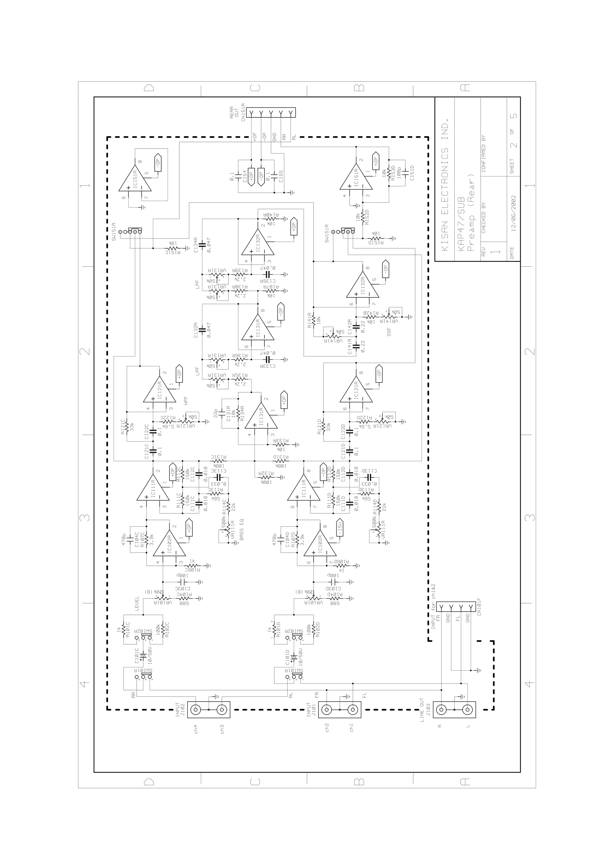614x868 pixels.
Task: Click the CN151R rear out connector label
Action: pyautogui.click(x=243, y=113)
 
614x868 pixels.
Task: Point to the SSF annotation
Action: pyautogui.click(x=389, y=332)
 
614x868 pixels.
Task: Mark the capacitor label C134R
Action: pyautogui.click(x=195, y=245)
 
